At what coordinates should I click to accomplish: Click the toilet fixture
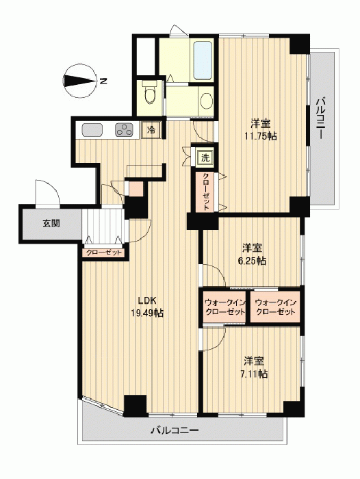point(150,92)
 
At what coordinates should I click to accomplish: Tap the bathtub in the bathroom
point(203,60)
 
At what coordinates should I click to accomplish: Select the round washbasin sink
point(207,101)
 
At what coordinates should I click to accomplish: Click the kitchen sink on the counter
point(92,129)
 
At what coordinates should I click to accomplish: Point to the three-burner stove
point(124,129)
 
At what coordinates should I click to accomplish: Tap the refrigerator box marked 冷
point(151,130)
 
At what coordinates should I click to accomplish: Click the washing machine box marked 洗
point(205,157)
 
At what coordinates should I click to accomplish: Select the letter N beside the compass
point(103,81)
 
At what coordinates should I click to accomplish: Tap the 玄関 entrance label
point(51,224)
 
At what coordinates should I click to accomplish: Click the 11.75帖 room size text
point(260,135)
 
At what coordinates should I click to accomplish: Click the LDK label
point(147,300)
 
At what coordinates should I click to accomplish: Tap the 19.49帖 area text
point(147,313)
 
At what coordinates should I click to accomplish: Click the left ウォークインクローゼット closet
point(224,307)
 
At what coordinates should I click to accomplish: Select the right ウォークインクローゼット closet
point(275,307)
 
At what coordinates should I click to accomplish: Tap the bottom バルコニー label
point(175,430)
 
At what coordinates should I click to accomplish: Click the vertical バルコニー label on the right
point(320,118)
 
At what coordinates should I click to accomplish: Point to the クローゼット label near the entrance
point(104,253)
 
